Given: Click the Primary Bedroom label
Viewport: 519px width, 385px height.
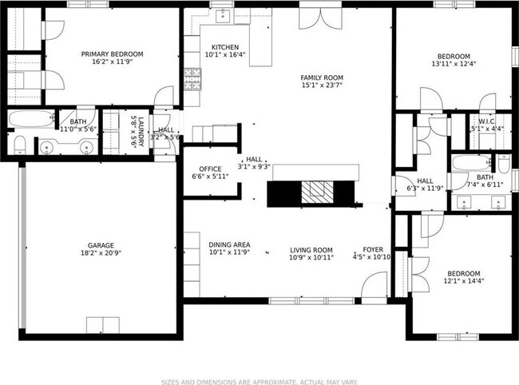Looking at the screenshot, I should click(x=110, y=54).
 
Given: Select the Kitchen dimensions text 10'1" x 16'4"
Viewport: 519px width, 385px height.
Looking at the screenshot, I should click(x=224, y=56).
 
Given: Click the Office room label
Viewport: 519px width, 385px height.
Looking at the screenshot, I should click(x=210, y=169).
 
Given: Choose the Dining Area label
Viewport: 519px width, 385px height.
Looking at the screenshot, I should click(x=229, y=244).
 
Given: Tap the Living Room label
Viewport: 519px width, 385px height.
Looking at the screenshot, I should click(x=311, y=249).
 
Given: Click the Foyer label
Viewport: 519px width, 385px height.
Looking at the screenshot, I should click(x=372, y=249).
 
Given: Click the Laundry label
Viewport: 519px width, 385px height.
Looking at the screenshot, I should click(x=137, y=133).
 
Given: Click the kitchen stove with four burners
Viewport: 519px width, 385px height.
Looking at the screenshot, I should click(x=192, y=77).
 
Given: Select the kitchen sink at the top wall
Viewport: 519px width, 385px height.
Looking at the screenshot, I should click(x=221, y=16).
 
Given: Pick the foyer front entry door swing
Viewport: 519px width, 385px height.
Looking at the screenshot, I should click(x=374, y=285).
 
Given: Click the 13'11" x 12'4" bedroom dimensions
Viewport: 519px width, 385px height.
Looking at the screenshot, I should click(x=453, y=64).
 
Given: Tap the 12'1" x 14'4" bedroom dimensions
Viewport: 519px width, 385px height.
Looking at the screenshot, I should click(x=463, y=281).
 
